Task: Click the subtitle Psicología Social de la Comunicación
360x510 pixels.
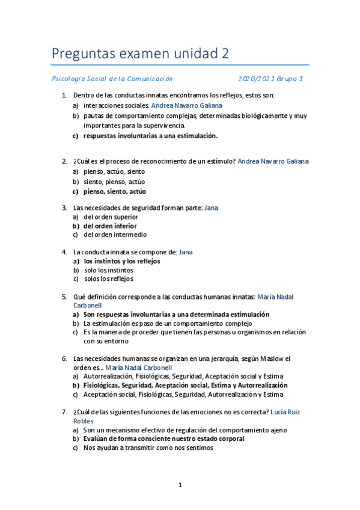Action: [x=112, y=79]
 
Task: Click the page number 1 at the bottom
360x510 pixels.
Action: [x=180, y=484]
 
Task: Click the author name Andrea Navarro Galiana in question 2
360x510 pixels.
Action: [x=273, y=161]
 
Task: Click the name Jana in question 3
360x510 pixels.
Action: [x=211, y=207]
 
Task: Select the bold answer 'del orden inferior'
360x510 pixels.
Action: [x=110, y=226]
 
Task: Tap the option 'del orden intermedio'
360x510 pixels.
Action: [x=115, y=235]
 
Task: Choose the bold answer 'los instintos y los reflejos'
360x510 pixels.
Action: [x=122, y=262]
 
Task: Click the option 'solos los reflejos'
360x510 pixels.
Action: [x=108, y=279]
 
